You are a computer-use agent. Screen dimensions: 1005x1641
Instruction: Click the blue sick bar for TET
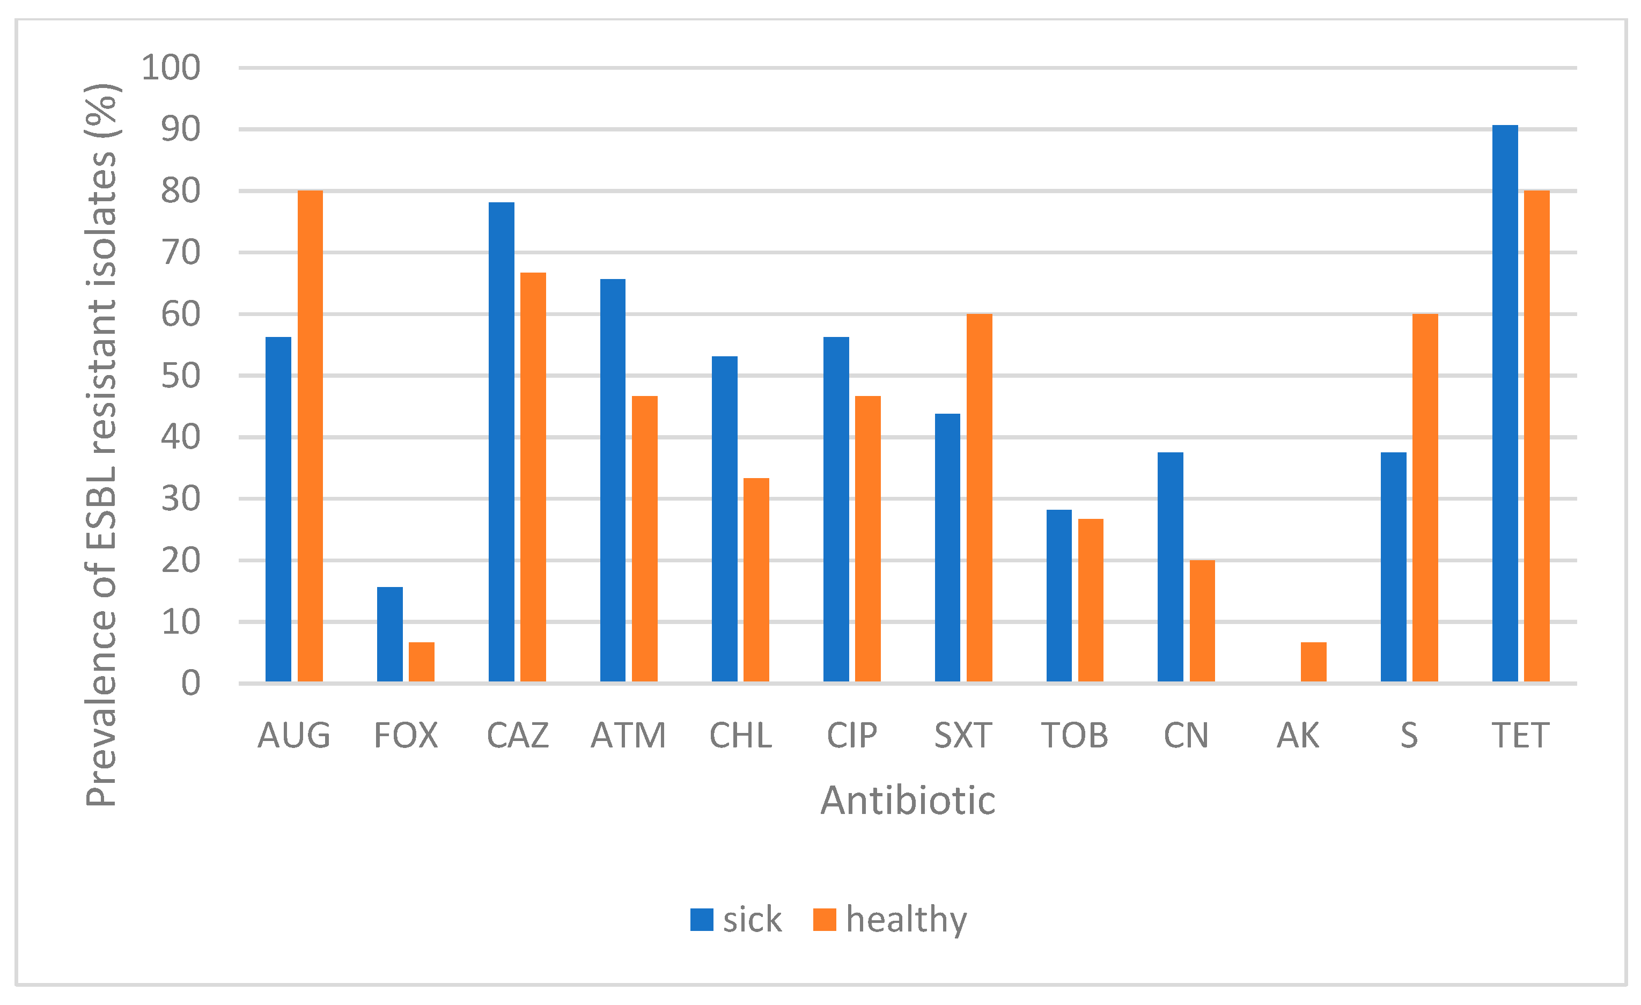[x=1504, y=403]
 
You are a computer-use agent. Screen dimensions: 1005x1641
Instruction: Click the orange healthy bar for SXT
[x=979, y=497]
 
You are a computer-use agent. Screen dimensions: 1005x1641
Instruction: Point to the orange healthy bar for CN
[x=1202, y=621]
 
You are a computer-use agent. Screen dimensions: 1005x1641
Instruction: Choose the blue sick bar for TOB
[x=1059, y=596]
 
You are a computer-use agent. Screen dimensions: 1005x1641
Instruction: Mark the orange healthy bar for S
[x=1425, y=497]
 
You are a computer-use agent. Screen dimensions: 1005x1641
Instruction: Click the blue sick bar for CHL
[x=725, y=519]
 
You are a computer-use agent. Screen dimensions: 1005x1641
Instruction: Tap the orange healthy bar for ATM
[x=644, y=539]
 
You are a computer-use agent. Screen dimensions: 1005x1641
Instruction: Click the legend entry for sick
[x=735, y=920]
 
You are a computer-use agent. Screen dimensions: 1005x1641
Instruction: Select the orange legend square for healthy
[x=825, y=920]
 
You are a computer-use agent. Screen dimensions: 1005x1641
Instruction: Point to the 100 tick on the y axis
[x=171, y=68]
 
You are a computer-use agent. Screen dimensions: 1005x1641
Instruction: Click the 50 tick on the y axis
[x=180, y=376]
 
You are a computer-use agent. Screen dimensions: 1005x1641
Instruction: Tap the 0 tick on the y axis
[x=190, y=683]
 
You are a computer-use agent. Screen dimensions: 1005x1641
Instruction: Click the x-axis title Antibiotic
[x=907, y=801]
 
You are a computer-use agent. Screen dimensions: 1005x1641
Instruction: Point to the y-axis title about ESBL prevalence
[x=101, y=445]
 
